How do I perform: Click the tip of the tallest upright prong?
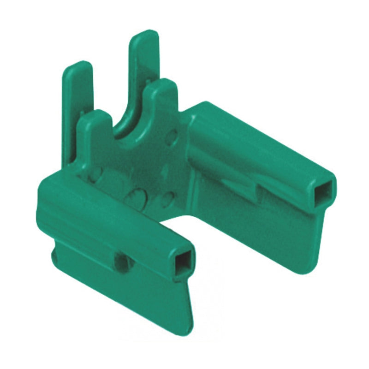(144, 37)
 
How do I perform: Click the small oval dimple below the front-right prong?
(172, 137)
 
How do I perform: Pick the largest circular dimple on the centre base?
(137, 196)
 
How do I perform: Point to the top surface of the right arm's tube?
(258, 138)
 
